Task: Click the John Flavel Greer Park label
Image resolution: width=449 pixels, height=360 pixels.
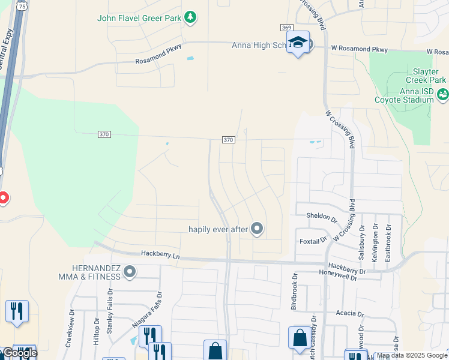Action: pyautogui.click(x=139, y=18)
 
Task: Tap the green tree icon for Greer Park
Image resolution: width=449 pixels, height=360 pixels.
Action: pyautogui.click(x=190, y=17)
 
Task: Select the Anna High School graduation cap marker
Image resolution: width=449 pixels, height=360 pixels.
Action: pyautogui.click(x=298, y=43)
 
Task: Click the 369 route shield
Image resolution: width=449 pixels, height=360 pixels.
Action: pyautogui.click(x=286, y=28)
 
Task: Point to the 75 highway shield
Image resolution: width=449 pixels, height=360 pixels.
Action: pyautogui.click(x=22, y=6)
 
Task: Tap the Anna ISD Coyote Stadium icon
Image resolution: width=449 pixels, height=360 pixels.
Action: pyautogui.click(x=442, y=94)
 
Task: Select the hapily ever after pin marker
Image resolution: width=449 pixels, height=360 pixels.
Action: pyautogui.click(x=258, y=229)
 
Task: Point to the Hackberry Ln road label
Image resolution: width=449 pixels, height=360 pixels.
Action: pyautogui.click(x=160, y=254)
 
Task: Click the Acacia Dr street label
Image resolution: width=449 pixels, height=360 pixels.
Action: pyautogui.click(x=351, y=313)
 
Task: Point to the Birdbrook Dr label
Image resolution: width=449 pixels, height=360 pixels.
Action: pyautogui.click(x=294, y=292)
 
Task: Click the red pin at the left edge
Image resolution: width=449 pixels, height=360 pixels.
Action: pyautogui.click(x=2, y=197)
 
